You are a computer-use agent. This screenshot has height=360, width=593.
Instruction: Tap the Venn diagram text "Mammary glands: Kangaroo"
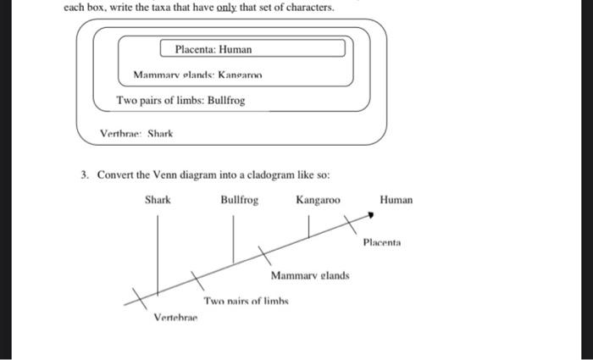(x=198, y=75)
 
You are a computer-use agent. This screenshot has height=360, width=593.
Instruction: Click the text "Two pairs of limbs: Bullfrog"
(x=180, y=101)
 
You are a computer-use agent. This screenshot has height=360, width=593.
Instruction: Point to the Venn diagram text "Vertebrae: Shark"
(x=136, y=134)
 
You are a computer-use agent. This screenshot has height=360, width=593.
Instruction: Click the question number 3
(x=85, y=175)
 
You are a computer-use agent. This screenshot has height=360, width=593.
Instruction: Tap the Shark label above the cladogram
(x=158, y=201)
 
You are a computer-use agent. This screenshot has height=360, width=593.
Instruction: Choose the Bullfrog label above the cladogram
(x=240, y=201)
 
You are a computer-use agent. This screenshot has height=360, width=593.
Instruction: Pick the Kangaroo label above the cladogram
(x=318, y=201)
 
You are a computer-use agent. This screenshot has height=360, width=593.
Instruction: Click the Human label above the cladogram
(x=396, y=201)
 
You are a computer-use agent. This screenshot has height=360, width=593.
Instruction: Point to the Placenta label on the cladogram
(x=381, y=243)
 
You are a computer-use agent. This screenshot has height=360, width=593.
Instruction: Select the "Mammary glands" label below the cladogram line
(x=310, y=275)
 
